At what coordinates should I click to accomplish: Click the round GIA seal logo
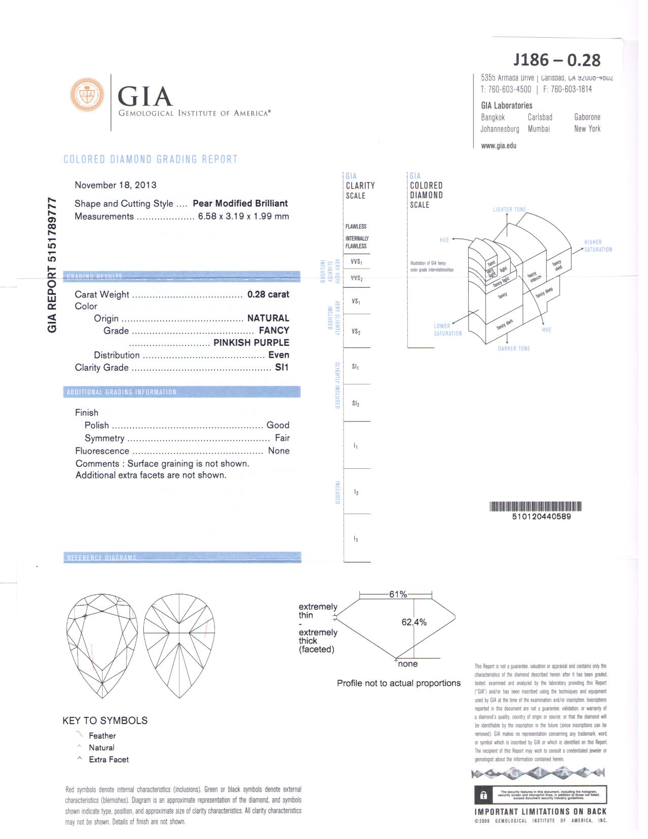(87, 95)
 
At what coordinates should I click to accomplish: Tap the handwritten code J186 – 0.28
(557, 60)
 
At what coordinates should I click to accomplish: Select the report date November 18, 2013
(115, 185)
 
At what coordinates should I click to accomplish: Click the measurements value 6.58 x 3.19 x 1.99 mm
(243, 216)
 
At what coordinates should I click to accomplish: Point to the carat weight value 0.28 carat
(268, 294)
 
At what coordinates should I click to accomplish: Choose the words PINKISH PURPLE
(251, 343)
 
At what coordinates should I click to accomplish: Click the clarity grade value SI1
(282, 367)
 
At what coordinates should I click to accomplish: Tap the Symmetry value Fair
(282, 438)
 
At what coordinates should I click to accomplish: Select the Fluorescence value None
(279, 451)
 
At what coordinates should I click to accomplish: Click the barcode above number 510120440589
(535, 506)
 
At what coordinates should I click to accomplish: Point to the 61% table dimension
(398, 594)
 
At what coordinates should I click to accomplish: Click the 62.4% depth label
(414, 622)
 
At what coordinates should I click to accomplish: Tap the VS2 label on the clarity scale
(356, 332)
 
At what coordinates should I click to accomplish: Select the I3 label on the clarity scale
(356, 538)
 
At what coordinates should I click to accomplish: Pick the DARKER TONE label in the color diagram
(514, 348)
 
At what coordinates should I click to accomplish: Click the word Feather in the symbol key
(102, 736)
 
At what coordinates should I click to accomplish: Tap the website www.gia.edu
(499, 145)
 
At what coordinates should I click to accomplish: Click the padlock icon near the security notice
(483, 795)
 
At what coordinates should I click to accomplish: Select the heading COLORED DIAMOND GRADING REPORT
(150, 159)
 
